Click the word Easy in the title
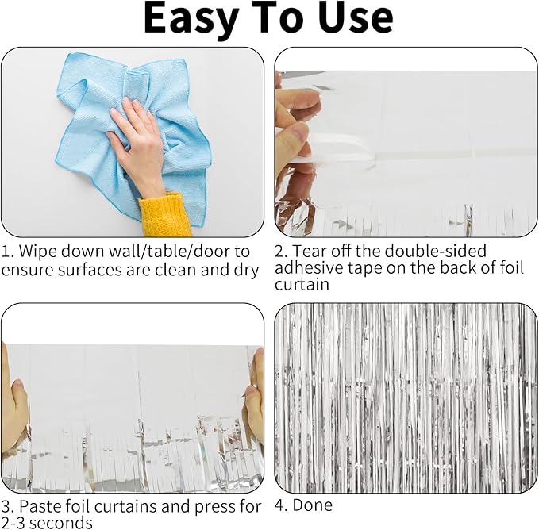pos(191,19)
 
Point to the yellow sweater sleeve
pos(164,215)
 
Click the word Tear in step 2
pos(308,252)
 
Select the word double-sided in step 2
pos(435,251)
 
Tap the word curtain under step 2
pos(302,285)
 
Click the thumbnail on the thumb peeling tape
pos(302,132)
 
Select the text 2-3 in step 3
pos(13,524)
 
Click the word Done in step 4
pos(313,505)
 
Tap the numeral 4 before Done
pos(280,505)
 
